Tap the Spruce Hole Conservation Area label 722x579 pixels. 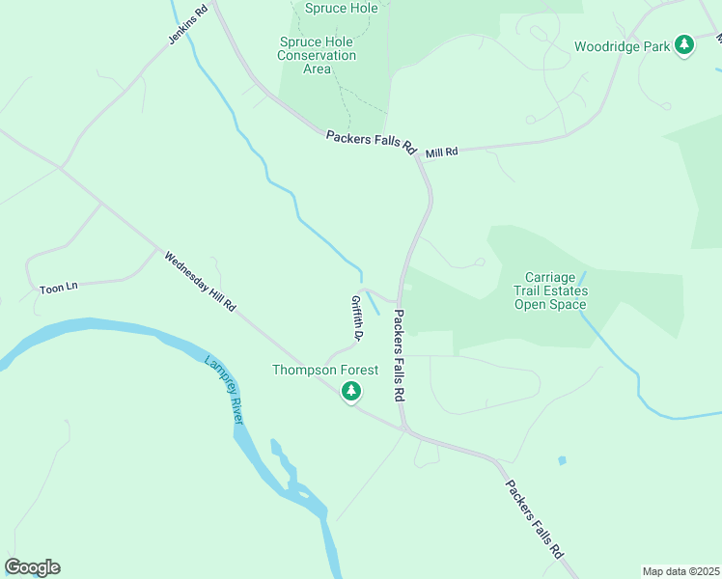tap(317, 55)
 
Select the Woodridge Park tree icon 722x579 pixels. tap(684, 44)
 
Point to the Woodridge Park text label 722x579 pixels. tap(621, 45)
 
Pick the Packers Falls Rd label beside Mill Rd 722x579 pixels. tap(370, 144)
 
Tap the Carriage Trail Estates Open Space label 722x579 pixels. tap(555, 290)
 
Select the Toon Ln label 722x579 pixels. tap(57, 289)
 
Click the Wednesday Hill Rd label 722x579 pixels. tap(200, 282)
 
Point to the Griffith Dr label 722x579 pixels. tap(356, 318)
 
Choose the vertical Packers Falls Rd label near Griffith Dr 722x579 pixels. tap(398, 356)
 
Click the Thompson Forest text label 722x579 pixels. tap(325, 370)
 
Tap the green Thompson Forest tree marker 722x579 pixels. tap(352, 391)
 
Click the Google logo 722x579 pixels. tap(32, 567)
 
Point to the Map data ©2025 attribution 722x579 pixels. tap(680, 571)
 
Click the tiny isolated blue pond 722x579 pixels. tap(562, 460)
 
